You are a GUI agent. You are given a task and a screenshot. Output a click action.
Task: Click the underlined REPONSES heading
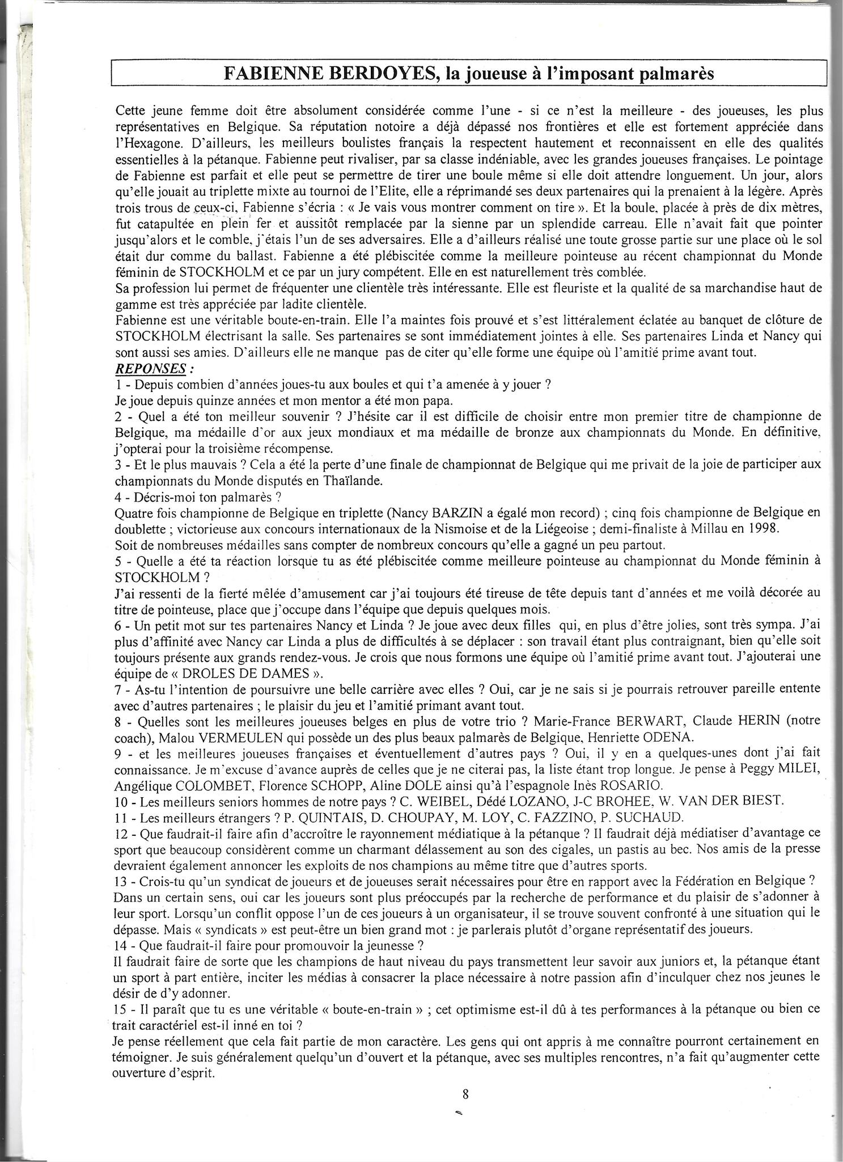tap(150, 368)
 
